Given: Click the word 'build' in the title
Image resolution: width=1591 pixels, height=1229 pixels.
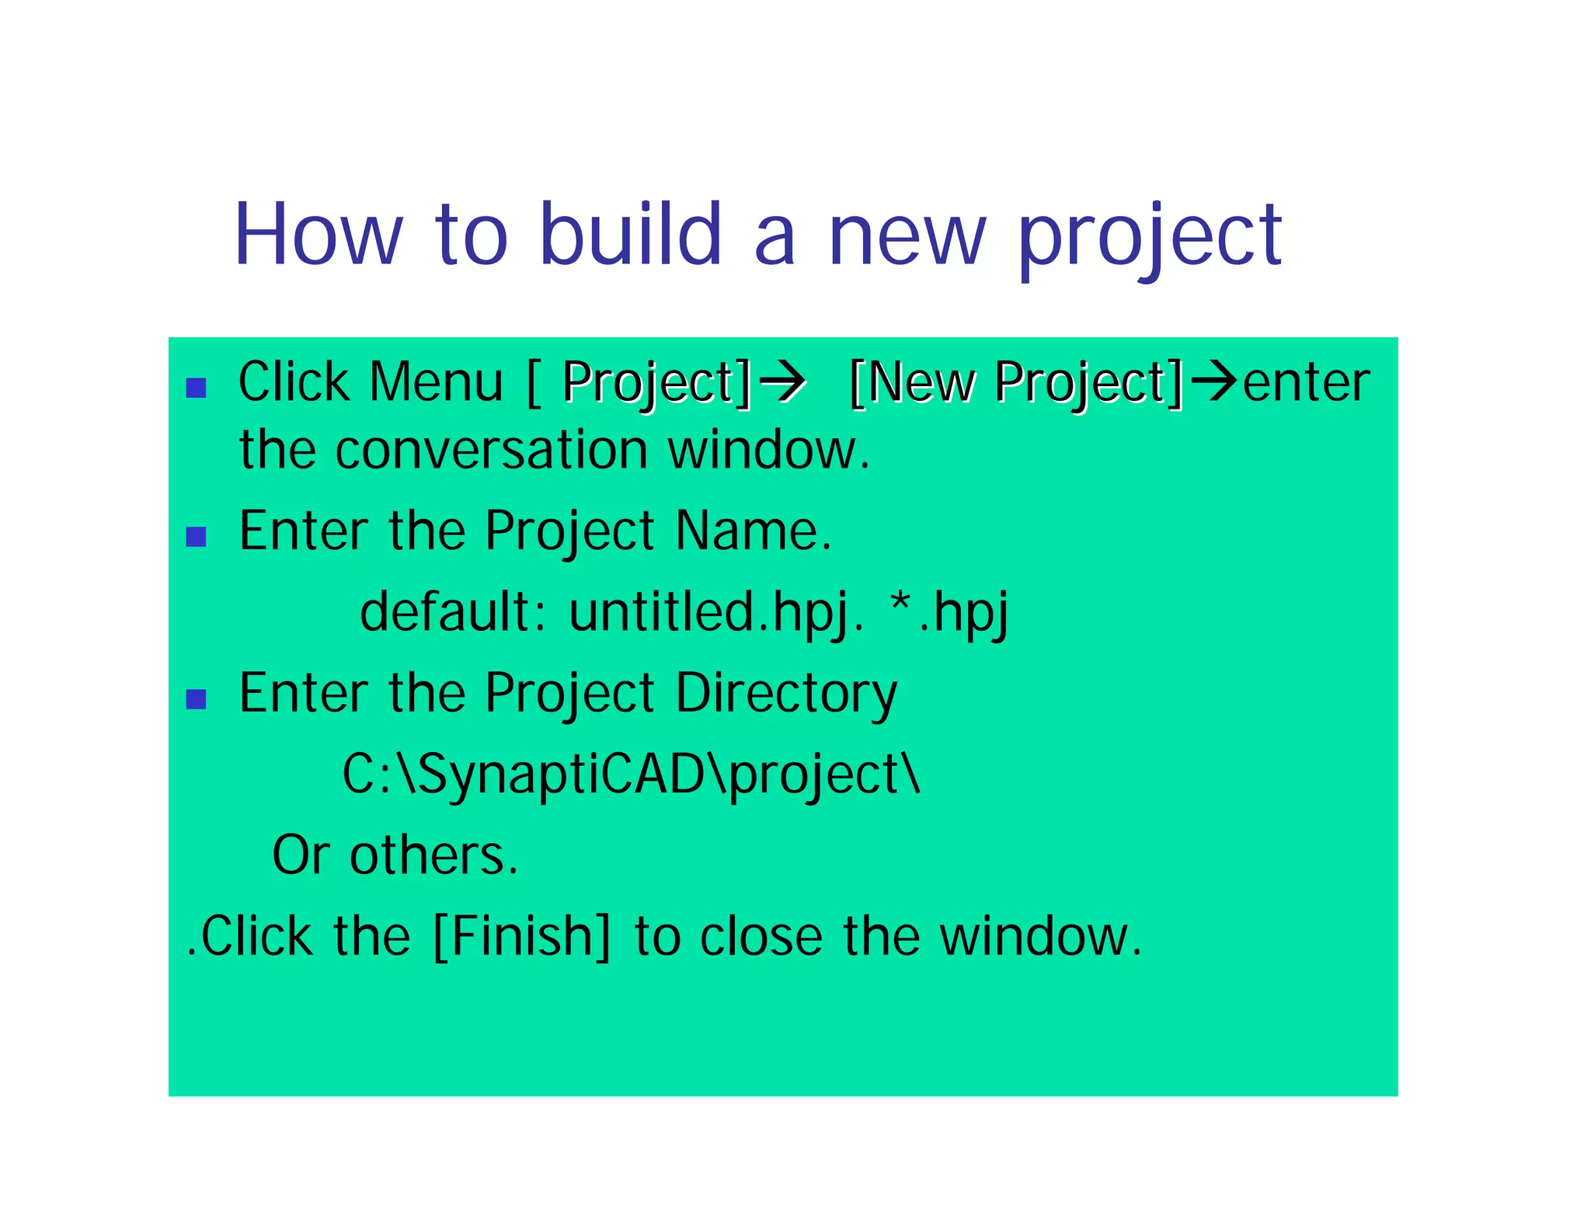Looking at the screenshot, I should tap(630, 235).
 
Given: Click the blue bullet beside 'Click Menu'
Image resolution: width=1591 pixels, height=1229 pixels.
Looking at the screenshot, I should tap(197, 388).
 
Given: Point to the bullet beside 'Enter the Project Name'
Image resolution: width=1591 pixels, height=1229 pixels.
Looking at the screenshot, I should tap(197, 537).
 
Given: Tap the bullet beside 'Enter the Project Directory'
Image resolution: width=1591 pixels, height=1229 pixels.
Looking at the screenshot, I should tap(197, 699).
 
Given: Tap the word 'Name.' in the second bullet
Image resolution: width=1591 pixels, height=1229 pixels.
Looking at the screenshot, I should tap(753, 531).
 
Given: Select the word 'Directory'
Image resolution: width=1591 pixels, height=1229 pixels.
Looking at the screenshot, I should tap(785, 694).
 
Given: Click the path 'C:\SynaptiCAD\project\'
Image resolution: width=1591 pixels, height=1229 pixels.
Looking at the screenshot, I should tap(631, 775).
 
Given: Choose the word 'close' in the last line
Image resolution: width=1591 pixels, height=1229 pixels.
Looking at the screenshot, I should tap(761, 936).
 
